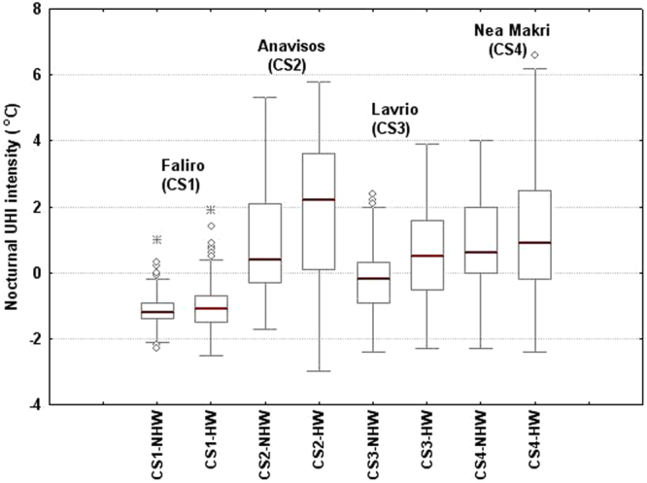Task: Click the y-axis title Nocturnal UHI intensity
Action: click(13, 208)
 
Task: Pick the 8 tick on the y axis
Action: click(36, 10)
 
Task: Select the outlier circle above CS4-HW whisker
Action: click(535, 55)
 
